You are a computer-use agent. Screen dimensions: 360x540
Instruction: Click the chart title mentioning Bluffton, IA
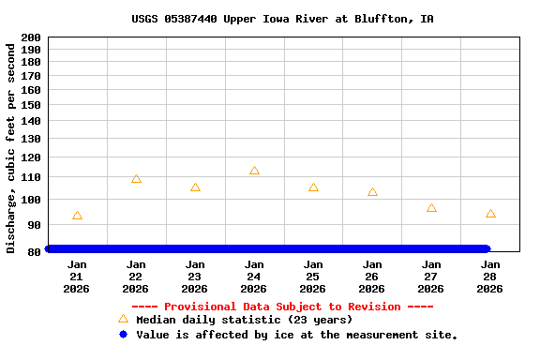click(282, 19)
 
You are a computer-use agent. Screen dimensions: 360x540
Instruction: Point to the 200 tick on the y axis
click(30, 37)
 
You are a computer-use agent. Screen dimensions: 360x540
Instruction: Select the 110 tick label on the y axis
click(30, 177)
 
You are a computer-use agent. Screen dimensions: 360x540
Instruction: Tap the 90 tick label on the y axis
click(34, 225)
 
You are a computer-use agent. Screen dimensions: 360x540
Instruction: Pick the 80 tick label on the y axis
click(34, 252)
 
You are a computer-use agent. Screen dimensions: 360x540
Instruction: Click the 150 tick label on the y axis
click(30, 106)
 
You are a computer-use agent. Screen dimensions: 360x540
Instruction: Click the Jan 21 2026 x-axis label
click(77, 277)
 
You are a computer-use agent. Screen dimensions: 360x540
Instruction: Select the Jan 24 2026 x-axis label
click(254, 277)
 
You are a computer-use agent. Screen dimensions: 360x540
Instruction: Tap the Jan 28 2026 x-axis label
click(490, 277)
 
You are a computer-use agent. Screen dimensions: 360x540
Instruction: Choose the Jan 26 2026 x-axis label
click(372, 277)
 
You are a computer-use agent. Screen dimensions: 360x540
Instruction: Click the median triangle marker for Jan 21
click(77, 216)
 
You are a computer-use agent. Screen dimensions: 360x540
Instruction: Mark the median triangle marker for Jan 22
click(136, 179)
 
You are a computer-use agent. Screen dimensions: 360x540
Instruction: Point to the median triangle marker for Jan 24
click(254, 171)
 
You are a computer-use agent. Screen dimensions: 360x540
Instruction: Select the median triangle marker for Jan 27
click(431, 208)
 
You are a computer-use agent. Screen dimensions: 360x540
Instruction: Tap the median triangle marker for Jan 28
click(490, 214)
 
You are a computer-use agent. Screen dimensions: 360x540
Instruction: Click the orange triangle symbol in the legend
click(123, 319)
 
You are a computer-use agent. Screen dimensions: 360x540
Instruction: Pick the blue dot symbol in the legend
click(123, 335)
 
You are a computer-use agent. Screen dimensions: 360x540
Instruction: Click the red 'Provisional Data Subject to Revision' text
click(282, 307)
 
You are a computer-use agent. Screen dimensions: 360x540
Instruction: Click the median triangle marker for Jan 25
click(313, 187)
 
